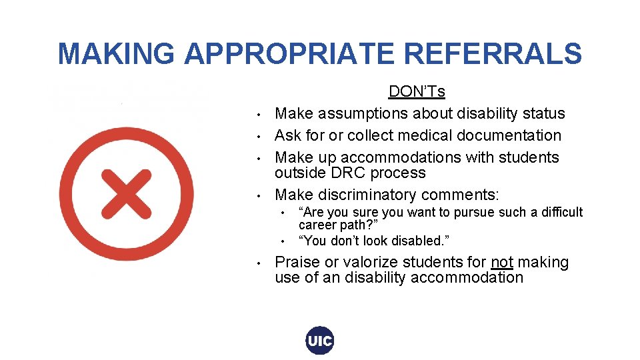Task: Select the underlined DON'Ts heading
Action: [417, 91]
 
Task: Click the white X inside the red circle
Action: [126, 193]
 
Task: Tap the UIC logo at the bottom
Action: [319, 341]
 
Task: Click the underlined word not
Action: [502, 263]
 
